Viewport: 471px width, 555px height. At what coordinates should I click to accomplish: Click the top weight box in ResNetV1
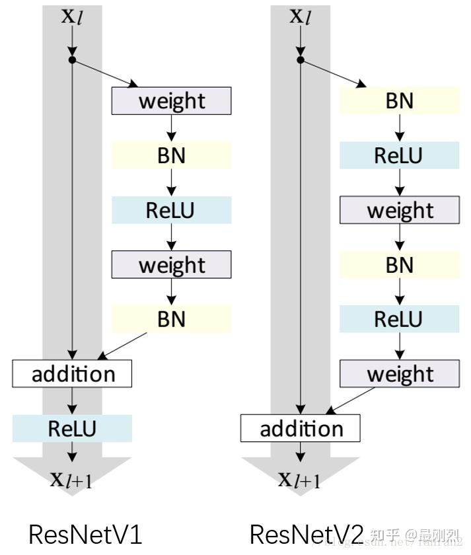pyautogui.click(x=172, y=101)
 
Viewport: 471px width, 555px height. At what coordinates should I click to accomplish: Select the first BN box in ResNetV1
pyautogui.click(x=172, y=155)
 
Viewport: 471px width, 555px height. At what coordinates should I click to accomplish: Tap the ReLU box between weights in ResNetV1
pyautogui.click(x=172, y=210)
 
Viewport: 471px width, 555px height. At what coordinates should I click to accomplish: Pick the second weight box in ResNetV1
pyautogui.click(x=172, y=265)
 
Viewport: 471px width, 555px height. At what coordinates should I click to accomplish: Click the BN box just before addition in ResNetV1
pyautogui.click(x=172, y=319)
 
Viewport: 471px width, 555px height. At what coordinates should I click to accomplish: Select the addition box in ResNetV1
pyautogui.click(x=73, y=374)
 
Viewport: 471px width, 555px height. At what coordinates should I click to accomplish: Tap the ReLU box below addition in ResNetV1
pyautogui.click(x=73, y=429)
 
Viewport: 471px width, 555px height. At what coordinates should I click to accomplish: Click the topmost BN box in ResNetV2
pyautogui.click(x=400, y=101)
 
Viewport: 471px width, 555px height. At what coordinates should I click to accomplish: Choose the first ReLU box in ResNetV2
pyautogui.click(x=400, y=155)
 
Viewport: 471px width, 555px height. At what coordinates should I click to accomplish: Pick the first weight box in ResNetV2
pyautogui.click(x=400, y=210)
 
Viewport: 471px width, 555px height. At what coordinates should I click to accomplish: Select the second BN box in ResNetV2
pyautogui.click(x=400, y=265)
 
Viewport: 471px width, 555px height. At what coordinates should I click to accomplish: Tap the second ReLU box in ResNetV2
pyautogui.click(x=400, y=319)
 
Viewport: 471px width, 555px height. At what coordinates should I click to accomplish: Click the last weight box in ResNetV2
pyautogui.click(x=400, y=374)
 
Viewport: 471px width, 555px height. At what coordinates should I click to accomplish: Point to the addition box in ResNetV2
pyautogui.click(x=301, y=429)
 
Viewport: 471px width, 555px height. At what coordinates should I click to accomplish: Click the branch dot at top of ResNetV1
pyautogui.click(x=73, y=60)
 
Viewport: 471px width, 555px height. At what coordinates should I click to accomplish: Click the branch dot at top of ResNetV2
pyautogui.click(x=301, y=60)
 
